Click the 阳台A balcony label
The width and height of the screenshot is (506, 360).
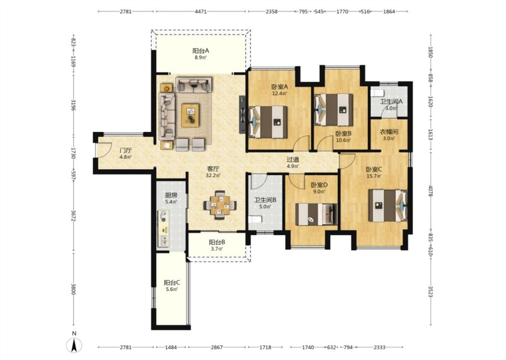point(201,51)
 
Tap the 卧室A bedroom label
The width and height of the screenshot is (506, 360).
point(279,86)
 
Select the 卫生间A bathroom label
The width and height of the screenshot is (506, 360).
point(391,101)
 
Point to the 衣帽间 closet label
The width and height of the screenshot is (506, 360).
point(389,132)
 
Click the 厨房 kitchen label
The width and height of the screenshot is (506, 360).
point(171,195)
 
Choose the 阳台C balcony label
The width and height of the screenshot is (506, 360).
point(172,283)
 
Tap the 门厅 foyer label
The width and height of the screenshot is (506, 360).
point(125,150)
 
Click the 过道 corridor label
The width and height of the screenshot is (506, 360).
point(293,159)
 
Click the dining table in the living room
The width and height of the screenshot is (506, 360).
point(220,205)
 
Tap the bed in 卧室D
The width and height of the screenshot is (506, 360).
point(317,214)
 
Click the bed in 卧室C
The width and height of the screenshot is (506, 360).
point(388,206)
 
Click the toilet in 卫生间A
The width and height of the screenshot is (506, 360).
point(376,93)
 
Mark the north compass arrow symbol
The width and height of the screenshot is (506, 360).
point(74,346)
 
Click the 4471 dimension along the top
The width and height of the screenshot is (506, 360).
point(201,12)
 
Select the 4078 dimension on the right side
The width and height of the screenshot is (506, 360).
point(430,191)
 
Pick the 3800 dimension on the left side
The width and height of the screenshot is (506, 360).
point(74,289)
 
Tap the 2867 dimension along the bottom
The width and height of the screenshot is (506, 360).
point(217,347)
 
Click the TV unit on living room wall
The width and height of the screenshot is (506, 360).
point(242,114)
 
